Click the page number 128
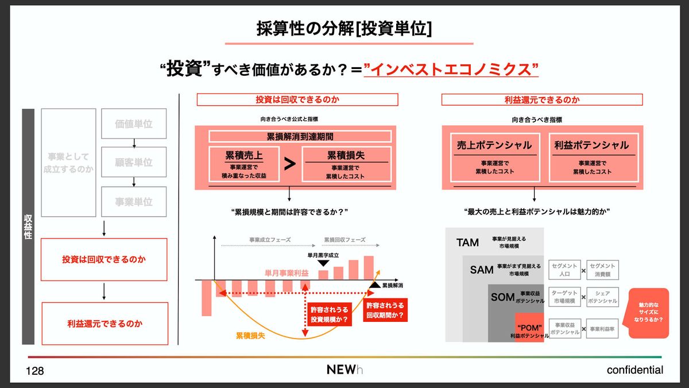pos(35,371)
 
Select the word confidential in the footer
pos(634,370)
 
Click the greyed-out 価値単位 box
pos(134,124)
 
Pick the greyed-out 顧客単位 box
pos(134,163)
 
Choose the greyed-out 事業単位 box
pos(134,202)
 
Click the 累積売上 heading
pos(245,155)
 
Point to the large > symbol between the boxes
pos(290,164)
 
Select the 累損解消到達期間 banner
pos(300,137)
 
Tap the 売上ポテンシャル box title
pos(494,145)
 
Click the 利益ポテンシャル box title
pos(591,145)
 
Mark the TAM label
pos(467,243)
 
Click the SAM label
pos(481,270)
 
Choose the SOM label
pos(502,297)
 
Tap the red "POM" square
pos(529,327)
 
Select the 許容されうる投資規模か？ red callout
pos(329,314)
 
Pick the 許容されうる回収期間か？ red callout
pos(385,310)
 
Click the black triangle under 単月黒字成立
pos(323,263)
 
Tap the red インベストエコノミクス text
pos(454,70)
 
